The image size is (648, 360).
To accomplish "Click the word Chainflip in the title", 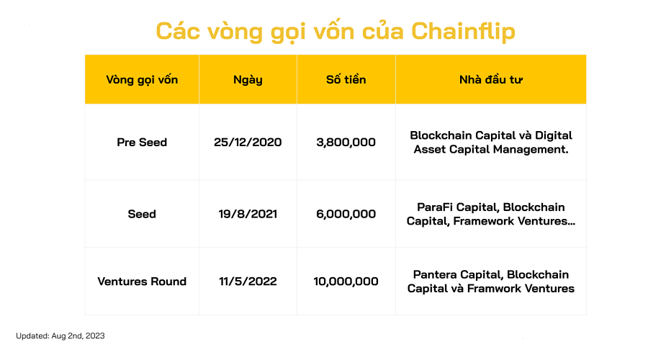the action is coord(463,32).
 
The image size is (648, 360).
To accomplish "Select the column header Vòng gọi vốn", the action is coord(142,79).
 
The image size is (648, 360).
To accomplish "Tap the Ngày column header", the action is coord(248,79).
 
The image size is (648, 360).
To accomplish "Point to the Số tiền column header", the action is coord(346,79).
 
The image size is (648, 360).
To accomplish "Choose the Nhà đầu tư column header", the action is coord(491,79).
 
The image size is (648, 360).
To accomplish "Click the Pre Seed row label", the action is coord(142,142).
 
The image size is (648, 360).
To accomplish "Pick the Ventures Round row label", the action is coord(142,282).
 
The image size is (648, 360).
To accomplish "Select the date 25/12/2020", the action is coord(248,142).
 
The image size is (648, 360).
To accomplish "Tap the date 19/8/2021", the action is coord(248,214).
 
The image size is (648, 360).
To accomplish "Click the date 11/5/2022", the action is coord(248,282).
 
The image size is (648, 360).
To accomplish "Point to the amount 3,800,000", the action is coord(346,142).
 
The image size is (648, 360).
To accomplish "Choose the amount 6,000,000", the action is coord(346,214).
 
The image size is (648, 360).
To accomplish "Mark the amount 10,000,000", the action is coord(346,282).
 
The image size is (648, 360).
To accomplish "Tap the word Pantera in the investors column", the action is coord(435,274).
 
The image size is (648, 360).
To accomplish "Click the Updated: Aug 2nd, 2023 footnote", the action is coord(60,336).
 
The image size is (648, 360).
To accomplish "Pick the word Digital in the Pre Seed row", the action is coord(554,135).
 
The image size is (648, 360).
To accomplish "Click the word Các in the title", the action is coord(178,32).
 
